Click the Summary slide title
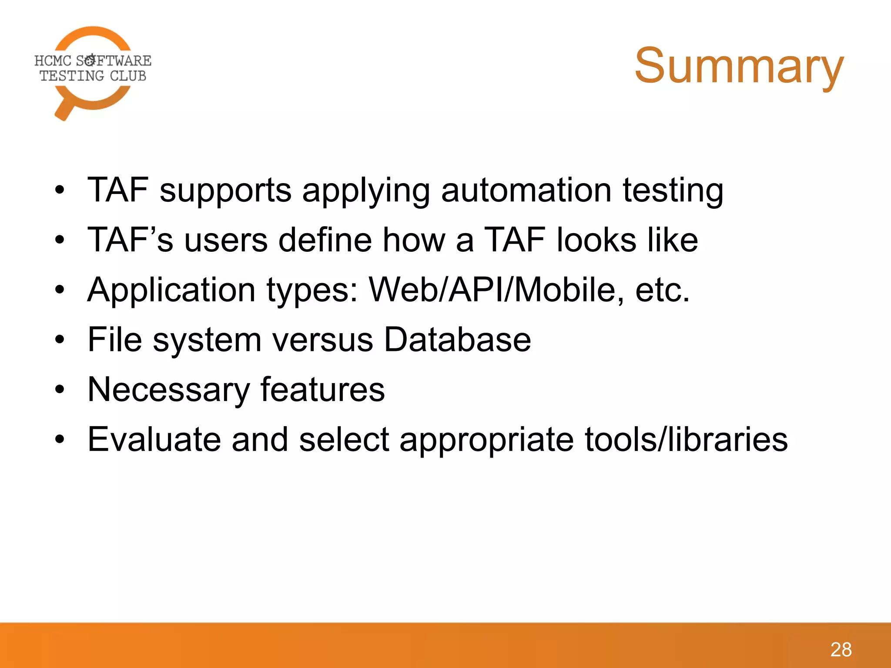[x=739, y=66]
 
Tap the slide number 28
[x=841, y=650]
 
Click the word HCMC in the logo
[x=53, y=61]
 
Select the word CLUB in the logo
[x=128, y=76]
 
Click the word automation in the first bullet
[x=526, y=190]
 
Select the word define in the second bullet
[x=325, y=240]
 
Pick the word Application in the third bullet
[x=171, y=291]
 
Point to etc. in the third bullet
[x=662, y=291]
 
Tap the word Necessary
[x=168, y=390]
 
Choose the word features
[x=322, y=389]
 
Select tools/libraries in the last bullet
[x=686, y=439]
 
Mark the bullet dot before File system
[x=60, y=340]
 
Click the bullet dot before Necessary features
[x=60, y=390]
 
